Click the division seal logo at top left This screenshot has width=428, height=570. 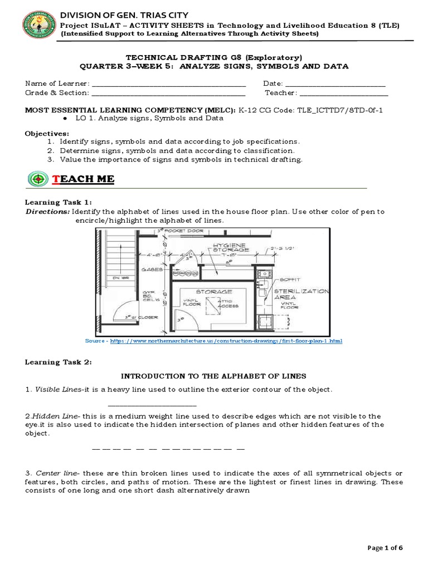pyautogui.click(x=38, y=27)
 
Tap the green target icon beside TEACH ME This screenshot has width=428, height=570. pyautogui.click(x=37, y=179)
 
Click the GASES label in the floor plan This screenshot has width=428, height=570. pyautogui.click(x=152, y=269)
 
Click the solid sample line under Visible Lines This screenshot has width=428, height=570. pyautogui.click(x=152, y=406)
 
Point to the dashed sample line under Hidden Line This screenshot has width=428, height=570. pyautogui.click(x=167, y=448)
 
